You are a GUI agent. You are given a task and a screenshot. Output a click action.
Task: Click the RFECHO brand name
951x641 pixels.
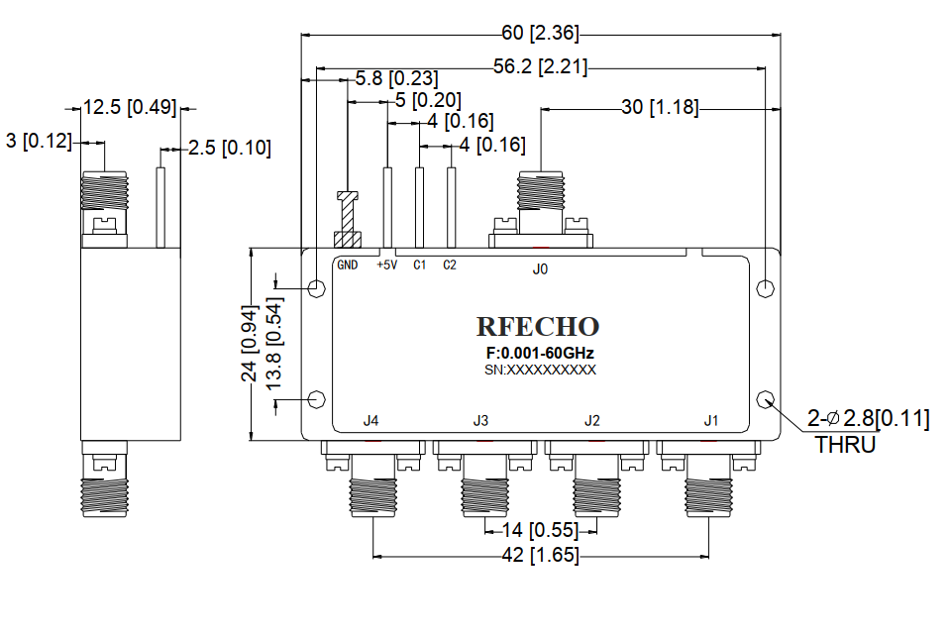(x=538, y=327)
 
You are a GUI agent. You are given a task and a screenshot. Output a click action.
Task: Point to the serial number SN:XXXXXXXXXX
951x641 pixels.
(x=540, y=370)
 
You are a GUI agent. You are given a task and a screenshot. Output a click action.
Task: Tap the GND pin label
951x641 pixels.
(x=347, y=265)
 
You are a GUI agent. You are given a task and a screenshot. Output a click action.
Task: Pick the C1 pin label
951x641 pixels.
(x=419, y=265)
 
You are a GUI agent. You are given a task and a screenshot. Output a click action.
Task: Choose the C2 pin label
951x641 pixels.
(x=450, y=265)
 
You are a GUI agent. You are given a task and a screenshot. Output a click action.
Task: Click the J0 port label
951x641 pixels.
(x=540, y=267)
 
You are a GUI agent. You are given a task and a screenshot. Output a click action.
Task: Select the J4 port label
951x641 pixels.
(x=370, y=421)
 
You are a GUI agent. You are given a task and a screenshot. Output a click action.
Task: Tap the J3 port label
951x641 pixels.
(x=480, y=421)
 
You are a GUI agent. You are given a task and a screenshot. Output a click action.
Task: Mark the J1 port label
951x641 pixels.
(x=710, y=421)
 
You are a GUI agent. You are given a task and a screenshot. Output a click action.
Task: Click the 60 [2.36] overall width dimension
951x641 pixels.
(x=540, y=33)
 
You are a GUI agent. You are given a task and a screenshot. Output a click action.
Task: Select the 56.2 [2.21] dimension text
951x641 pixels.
(x=540, y=67)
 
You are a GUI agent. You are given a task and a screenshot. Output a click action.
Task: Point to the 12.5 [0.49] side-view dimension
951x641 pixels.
(x=127, y=107)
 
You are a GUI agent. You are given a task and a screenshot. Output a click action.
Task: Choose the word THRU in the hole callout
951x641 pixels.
(x=845, y=445)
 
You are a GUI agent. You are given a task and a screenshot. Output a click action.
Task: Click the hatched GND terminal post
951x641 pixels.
(x=347, y=223)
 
